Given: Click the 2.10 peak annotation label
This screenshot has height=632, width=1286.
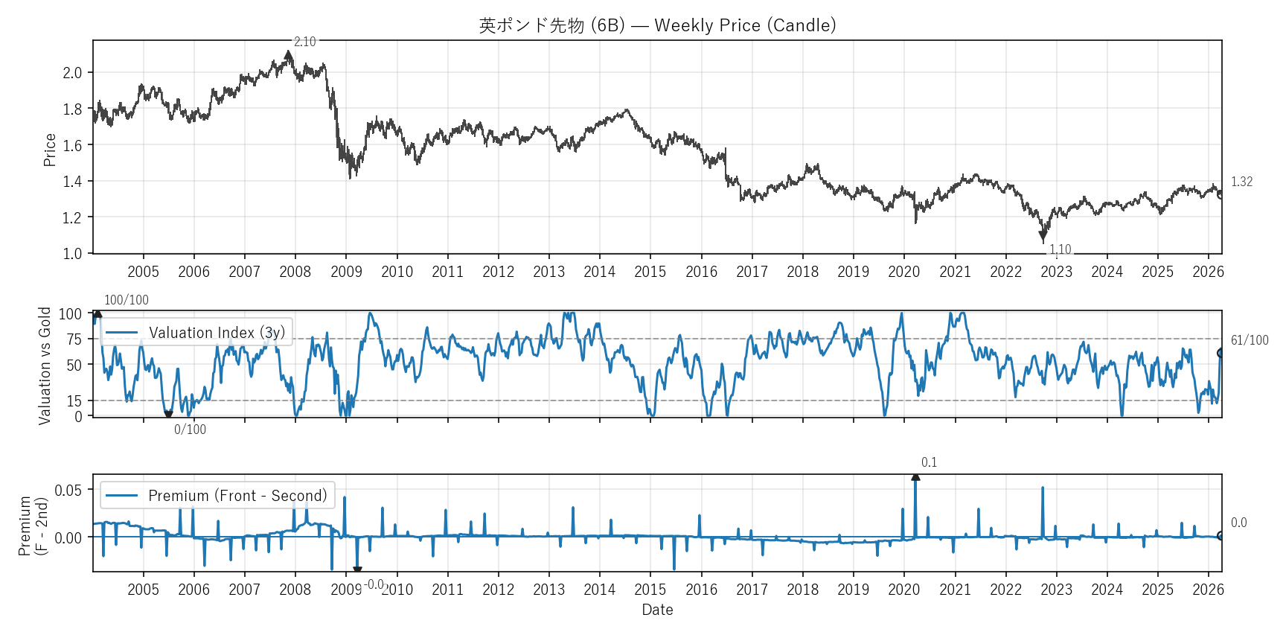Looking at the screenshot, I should click(x=304, y=42).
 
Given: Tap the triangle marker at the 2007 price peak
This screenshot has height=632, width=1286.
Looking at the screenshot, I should click(x=289, y=55).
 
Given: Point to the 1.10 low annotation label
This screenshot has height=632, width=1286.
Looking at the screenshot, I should click(x=1061, y=249).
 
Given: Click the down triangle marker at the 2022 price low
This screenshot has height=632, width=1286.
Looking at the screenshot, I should click(x=1043, y=236).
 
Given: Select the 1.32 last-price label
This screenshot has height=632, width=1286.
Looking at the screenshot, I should click(x=1241, y=182).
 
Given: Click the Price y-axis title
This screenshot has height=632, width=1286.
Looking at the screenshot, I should click(x=50, y=150).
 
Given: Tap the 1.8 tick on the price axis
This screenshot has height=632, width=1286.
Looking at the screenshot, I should click(x=72, y=109).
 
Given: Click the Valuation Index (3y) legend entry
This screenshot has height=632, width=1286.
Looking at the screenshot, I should click(x=195, y=333).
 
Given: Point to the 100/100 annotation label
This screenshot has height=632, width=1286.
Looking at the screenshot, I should click(x=127, y=300).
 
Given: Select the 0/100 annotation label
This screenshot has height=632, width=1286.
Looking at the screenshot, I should click(x=190, y=430).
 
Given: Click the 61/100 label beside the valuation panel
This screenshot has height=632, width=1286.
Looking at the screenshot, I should click(x=1250, y=340).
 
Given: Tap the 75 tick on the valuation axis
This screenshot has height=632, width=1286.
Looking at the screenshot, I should click(x=74, y=339).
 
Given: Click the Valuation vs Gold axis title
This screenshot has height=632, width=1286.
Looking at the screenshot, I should click(x=45, y=366).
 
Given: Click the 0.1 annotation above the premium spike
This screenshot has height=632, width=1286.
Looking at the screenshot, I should click(x=929, y=462).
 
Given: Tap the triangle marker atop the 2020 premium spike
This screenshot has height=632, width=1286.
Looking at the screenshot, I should click(x=915, y=477).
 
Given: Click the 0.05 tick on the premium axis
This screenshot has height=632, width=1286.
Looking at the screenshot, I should click(x=68, y=490).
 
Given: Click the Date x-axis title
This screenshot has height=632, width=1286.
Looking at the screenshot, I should click(x=657, y=610).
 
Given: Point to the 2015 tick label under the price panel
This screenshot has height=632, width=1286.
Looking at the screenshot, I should click(x=650, y=272).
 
